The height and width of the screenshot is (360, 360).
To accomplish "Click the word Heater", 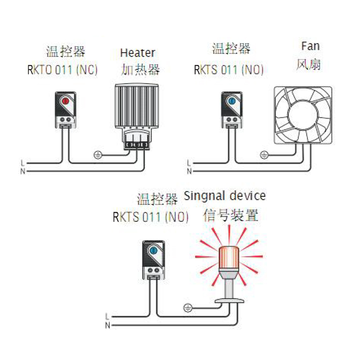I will pos(137,53).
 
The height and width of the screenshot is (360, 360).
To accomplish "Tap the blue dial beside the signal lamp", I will pos(153,250).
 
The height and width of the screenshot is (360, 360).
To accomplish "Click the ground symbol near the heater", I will pos(98,155).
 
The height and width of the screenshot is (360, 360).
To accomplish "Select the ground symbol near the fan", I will pos(265,155).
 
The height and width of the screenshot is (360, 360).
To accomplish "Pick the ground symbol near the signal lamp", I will pos(188,308).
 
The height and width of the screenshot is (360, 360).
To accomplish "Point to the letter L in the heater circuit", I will pos(22,162).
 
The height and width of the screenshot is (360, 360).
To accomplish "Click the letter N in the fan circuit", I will pos(189,171).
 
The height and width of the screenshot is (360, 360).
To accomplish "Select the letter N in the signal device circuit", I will pos(107,324).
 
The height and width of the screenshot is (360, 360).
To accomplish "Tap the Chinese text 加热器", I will pos(140,70).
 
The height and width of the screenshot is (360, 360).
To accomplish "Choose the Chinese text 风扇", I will pos(309,64).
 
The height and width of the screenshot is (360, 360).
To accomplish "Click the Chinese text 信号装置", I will pos(231,216).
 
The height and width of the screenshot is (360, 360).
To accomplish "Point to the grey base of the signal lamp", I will pos(229,301).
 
